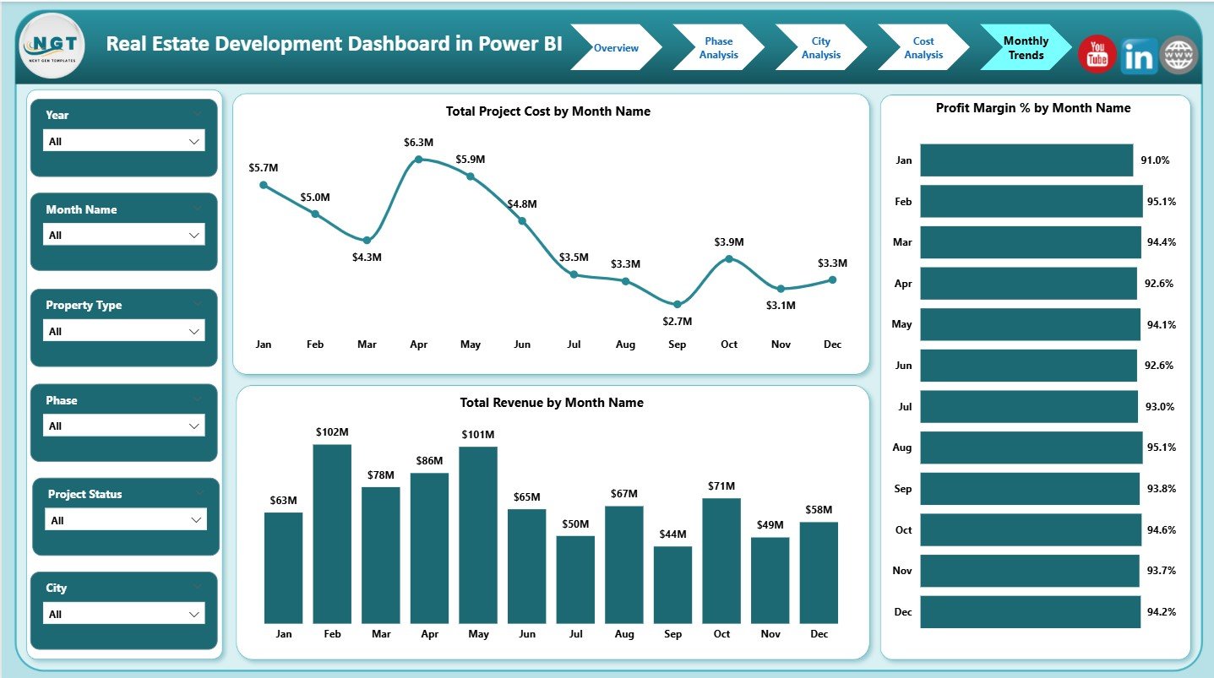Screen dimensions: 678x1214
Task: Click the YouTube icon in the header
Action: [1097, 55]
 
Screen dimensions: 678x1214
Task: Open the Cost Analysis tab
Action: [923, 48]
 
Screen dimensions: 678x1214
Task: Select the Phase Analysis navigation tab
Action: [718, 48]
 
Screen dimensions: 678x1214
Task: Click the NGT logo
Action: [52, 47]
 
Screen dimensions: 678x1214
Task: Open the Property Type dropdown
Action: [123, 332]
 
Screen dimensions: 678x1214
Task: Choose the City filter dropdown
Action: [123, 614]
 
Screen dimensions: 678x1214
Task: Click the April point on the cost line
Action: [418, 160]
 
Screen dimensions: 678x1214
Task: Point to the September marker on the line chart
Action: [678, 304]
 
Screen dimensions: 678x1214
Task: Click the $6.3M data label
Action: [418, 142]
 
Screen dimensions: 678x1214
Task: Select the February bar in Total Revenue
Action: [332, 534]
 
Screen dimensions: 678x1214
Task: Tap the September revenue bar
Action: [672, 584]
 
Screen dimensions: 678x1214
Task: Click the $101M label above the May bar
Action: [478, 435]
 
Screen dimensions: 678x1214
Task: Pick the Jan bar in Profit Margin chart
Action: [1026, 160]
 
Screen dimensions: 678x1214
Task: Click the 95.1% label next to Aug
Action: [1160, 447]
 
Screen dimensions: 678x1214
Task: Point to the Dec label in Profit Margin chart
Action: [904, 612]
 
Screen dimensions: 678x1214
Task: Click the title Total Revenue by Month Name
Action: [551, 403]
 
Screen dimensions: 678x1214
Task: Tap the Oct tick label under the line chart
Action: [729, 344]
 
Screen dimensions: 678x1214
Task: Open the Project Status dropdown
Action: [125, 520]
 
